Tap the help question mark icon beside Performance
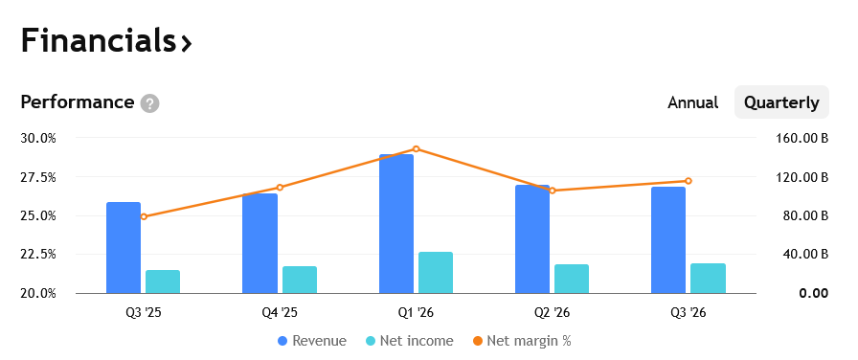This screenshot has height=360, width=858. [x=149, y=102]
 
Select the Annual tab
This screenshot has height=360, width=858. [x=692, y=102]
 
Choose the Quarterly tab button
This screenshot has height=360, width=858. [x=781, y=102]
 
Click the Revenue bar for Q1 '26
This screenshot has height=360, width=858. [x=396, y=224]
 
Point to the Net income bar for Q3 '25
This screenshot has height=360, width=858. [x=163, y=281]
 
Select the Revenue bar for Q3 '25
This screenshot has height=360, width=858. [x=124, y=248]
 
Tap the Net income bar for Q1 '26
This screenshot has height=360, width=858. [x=436, y=273]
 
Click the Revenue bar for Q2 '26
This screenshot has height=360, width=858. [x=532, y=239]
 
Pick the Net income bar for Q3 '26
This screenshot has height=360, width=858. [x=708, y=279]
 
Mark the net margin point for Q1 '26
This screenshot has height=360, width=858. [x=416, y=148]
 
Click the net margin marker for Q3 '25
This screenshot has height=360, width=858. [x=144, y=216]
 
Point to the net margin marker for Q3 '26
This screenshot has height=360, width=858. [x=689, y=181]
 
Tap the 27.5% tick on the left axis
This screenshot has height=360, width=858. [x=38, y=177]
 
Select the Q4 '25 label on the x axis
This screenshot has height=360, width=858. [x=280, y=313]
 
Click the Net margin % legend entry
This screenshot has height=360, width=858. [x=522, y=341]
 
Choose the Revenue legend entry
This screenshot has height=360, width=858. [x=312, y=341]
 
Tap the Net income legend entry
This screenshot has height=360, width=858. [x=409, y=341]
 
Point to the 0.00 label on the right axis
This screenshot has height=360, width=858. [x=814, y=294]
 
